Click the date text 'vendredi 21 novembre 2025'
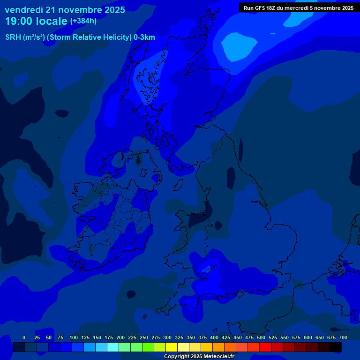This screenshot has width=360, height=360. click(65, 9)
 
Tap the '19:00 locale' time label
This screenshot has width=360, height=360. click(36, 21)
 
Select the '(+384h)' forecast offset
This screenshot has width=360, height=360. click(83, 21)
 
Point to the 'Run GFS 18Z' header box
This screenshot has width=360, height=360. click(299, 7)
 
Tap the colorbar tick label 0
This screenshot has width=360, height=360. click(24, 337)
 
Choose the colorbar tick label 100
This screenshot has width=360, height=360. click(74, 337)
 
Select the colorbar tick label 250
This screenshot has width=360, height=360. click(144, 337)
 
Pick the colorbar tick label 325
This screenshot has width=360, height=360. click(179, 337)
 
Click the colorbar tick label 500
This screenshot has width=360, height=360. click(261, 337)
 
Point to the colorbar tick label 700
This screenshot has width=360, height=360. click(343, 337)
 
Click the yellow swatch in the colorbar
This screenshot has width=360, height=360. click(172, 347)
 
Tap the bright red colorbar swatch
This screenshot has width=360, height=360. click(265, 347)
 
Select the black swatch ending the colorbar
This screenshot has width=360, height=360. click(336, 347)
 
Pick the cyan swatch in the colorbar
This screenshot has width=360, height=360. click(113, 347)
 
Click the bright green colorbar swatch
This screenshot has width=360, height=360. click(148, 347)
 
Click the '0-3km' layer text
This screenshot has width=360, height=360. click(144, 37)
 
